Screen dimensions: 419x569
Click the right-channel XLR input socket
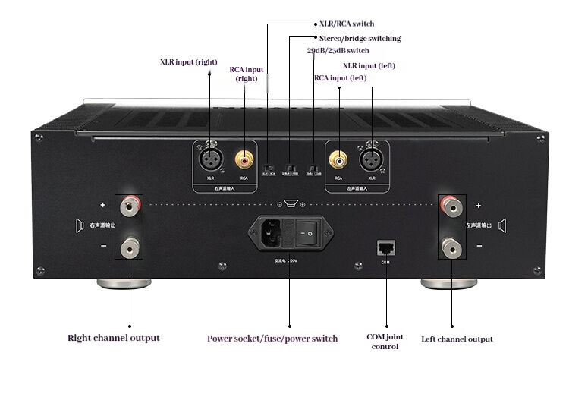pyautogui.click(x=209, y=159)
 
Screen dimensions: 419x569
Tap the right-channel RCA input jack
pyautogui.click(x=244, y=159)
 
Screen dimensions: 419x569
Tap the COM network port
pyautogui.click(x=385, y=247)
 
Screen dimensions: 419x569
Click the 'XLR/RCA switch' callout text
pyautogui.click(x=347, y=24)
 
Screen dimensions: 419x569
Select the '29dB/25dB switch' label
pyautogui.click(x=338, y=51)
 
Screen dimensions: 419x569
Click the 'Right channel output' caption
pyautogui.click(x=114, y=338)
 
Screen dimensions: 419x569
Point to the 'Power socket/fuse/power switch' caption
pyautogui.click(x=272, y=338)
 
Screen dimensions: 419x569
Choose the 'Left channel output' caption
pyautogui.click(x=457, y=339)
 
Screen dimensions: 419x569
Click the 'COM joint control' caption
pyautogui.click(x=385, y=342)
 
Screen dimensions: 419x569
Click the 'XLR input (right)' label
pyautogui.click(x=188, y=61)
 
